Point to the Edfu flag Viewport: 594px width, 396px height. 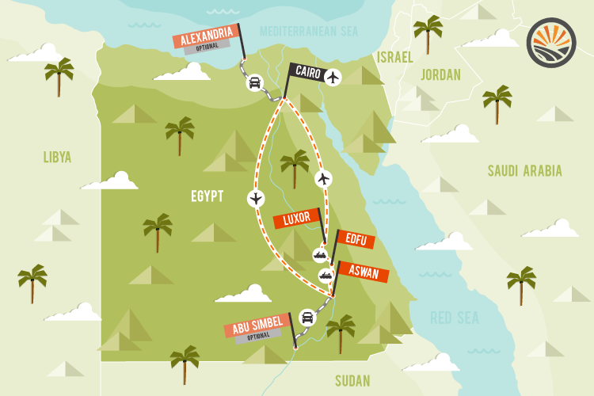click(355, 240)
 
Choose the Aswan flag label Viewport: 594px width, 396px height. click(364, 274)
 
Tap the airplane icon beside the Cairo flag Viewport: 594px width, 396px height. click(333, 78)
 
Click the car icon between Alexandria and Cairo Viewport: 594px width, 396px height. click(255, 82)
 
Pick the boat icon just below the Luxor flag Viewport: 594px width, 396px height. click(320, 254)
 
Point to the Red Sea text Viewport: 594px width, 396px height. click(455, 318)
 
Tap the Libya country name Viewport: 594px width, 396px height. click(57, 158)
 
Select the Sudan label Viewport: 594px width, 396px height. click(352, 381)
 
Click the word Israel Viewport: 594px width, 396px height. click(395, 57)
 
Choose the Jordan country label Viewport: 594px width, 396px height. click(440, 74)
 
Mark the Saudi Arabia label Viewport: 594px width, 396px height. click(524, 171)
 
